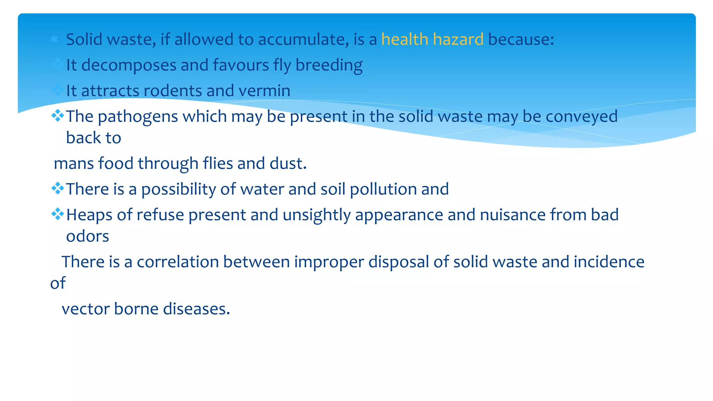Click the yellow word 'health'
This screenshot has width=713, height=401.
click(x=405, y=39)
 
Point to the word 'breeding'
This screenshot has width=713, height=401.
click(x=329, y=65)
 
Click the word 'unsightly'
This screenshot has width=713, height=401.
click(x=317, y=215)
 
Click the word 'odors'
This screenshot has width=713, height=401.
click(x=88, y=237)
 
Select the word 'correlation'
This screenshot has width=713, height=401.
click(x=178, y=262)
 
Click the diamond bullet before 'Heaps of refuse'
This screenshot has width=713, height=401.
click(x=57, y=214)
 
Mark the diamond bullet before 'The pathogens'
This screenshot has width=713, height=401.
click(x=57, y=115)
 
